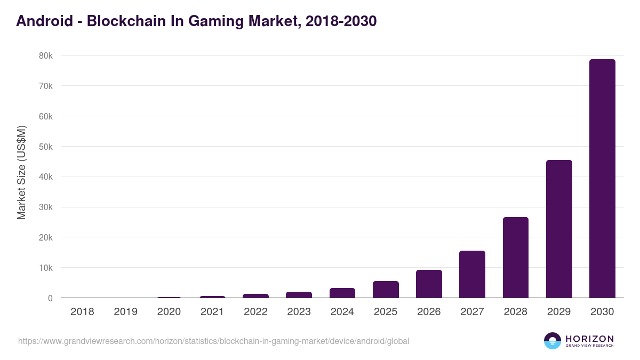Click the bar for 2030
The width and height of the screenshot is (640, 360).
pos(602,179)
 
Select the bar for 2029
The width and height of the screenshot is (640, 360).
pos(559,229)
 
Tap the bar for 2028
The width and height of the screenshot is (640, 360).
pos(515,258)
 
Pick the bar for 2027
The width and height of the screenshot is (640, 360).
pos(472,274)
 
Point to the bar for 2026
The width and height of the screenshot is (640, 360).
pos(429,284)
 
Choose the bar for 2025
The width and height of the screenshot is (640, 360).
pos(386,290)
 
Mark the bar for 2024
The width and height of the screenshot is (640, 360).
pos(342,293)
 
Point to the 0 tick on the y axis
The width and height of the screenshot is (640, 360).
pos(50,298)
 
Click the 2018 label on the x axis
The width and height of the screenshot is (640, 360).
pos(82,312)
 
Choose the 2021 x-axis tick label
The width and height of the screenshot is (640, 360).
pos(212,312)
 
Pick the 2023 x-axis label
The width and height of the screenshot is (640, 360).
pos(299,312)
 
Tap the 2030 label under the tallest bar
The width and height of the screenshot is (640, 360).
pos(602,312)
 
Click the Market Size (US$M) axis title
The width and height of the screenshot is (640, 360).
pos(21,172)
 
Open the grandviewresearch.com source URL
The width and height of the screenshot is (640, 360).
pos(213,341)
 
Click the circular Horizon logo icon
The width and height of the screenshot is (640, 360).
pos(553,341)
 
